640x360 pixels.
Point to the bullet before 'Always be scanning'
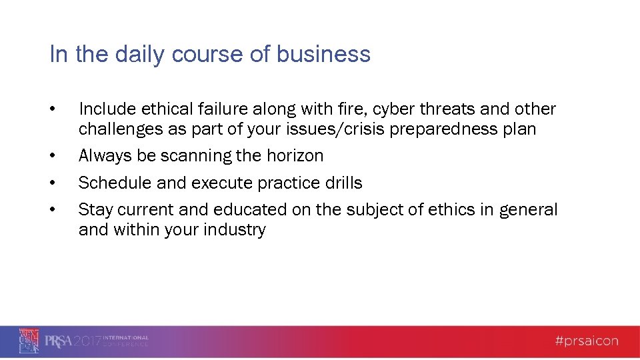pyautogui.click(x=52, y=156)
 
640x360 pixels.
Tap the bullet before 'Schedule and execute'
pyautogui.click(x=52, y=183)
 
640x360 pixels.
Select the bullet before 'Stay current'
pyautogui.click(x=52, y=210)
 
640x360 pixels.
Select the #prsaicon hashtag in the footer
pyautogui.click(x=586, y=341)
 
